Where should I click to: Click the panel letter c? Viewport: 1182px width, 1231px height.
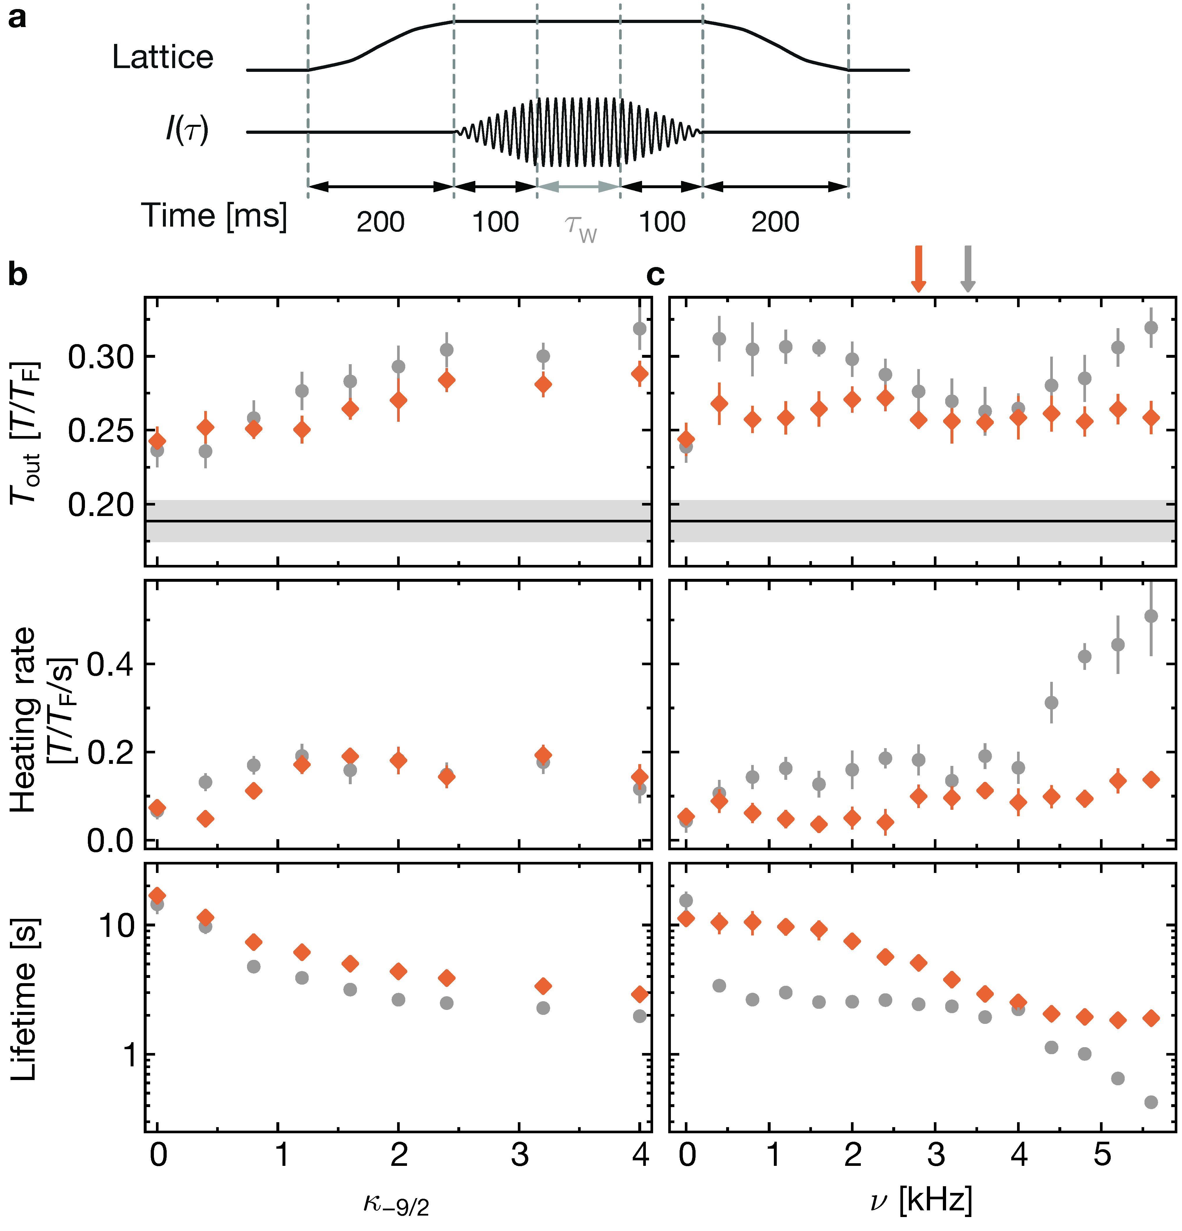655,275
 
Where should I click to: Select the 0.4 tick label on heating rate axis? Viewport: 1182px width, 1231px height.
111,664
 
